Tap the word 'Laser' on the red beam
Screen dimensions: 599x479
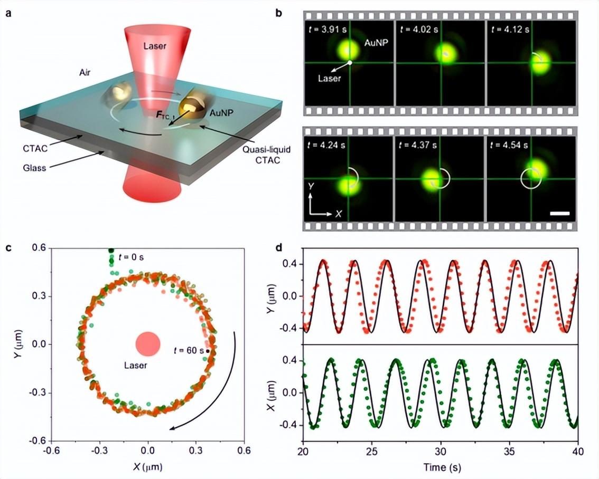point(155,46)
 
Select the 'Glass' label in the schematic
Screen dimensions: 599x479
point(34,167)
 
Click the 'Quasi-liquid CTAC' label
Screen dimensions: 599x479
point(266,155)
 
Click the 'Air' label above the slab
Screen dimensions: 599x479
point(85,72)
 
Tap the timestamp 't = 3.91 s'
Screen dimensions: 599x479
point(326,30)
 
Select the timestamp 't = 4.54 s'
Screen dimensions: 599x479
point(509,145)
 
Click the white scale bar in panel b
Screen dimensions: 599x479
point(560,213)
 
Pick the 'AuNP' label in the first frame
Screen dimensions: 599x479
point(376,42)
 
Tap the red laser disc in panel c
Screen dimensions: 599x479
point(147,343)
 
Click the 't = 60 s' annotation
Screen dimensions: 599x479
point(189,350)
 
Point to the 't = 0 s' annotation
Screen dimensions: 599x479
point(131,257)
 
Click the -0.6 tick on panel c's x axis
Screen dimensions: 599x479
point(52,451)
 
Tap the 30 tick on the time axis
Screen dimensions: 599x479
point(441,451)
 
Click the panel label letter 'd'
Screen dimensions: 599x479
point(279,248)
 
